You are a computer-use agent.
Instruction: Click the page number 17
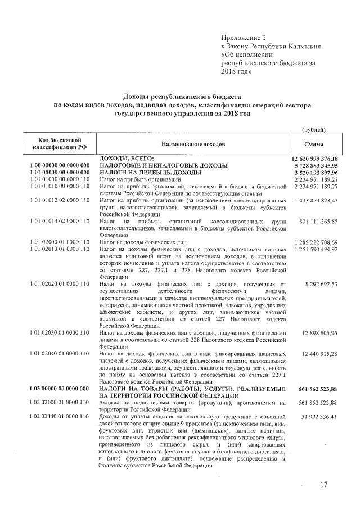(323, 484)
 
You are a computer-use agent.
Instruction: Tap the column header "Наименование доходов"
(192, 145)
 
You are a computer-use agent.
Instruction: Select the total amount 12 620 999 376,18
(314, 159)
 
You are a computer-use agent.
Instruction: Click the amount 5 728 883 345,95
(315, 166)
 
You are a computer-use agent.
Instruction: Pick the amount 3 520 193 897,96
(315, 173)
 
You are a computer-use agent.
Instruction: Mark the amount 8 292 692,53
(321, 285)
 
